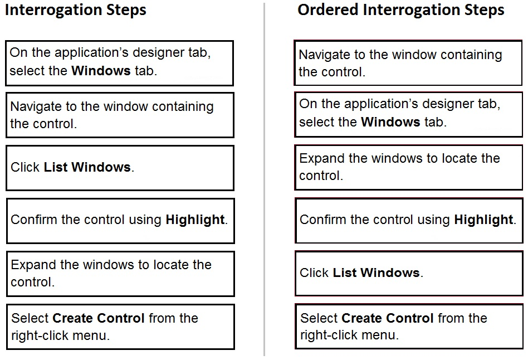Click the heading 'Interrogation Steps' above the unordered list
(76, 10)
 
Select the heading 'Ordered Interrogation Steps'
(400, 10)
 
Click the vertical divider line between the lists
(265, 179)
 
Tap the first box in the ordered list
(408, 63)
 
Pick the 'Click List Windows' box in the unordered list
(120, 168)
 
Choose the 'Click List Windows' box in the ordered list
(409, 273)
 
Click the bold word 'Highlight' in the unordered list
(195, 220)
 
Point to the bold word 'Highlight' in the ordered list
(483, 220)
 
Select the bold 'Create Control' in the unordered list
(99, 318)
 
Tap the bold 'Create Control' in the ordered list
(388, 318)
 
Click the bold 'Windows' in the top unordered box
(101, 71)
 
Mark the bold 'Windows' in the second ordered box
(390, 122)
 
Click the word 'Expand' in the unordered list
(33, 265)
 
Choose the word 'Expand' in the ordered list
(322, 159)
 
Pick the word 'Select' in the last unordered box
(30, 318)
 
